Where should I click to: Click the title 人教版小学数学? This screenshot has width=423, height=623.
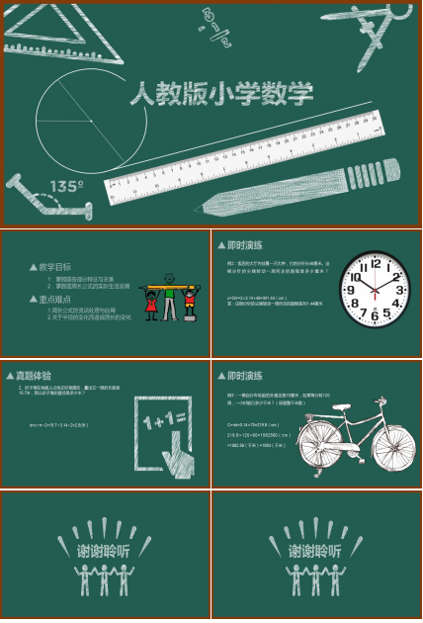(x=222, y=95)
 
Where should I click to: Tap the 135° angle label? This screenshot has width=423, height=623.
(x=67, y=186)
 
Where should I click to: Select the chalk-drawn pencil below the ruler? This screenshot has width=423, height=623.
(x=296, y=185)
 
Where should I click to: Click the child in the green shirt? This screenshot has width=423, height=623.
(x=170, y=297)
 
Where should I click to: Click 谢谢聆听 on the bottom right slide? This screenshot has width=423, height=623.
(x=315, y=551)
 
